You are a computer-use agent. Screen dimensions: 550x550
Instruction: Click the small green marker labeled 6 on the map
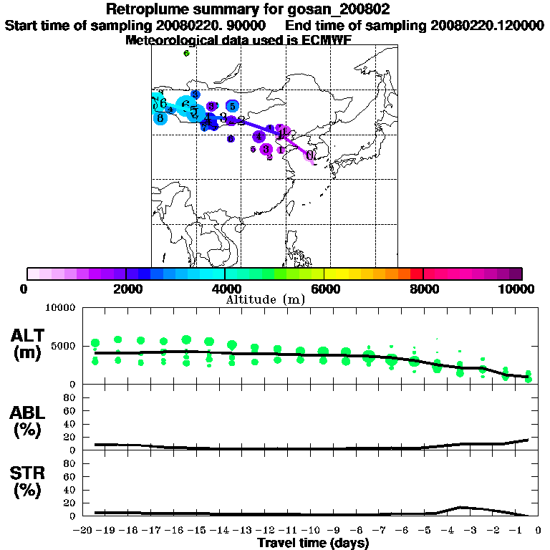(x=186, y=53)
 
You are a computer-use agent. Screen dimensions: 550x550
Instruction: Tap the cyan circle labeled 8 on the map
(x=160, y=117)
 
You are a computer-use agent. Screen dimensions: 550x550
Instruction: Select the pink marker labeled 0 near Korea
(x=309, y=155)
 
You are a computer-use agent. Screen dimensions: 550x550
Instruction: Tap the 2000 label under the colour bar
(x=125, y=289)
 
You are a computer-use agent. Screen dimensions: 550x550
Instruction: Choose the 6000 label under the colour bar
(x=324, y=289)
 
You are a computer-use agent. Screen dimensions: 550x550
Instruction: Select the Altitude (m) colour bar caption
(x=265, y=300)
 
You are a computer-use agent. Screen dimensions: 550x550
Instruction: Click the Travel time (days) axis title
(x=313, y=543)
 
